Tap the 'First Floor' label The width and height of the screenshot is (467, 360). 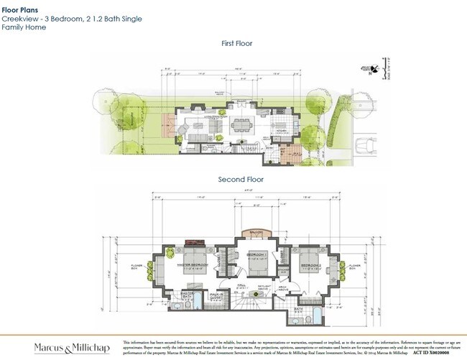tap(237, 44)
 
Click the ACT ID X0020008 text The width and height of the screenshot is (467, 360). tap(435, 353)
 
